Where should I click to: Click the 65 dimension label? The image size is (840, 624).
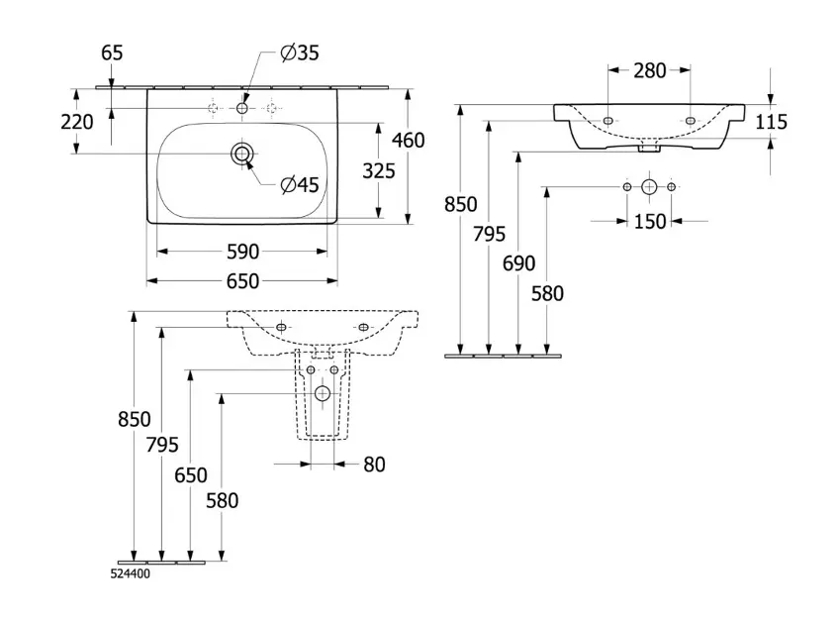tap(112, 53)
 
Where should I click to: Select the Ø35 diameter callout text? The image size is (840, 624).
tap(299, 53)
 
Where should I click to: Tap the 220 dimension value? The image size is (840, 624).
tap(76, 122)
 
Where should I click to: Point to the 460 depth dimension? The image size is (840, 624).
tap(408, 140)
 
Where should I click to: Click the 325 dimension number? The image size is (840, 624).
tap(378, 170)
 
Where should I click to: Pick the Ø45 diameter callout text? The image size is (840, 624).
tap(299, 184)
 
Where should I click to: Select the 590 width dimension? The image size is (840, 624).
tap(242, 251)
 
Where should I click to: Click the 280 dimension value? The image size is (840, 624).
tap(650, 69)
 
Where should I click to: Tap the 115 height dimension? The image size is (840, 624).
tap(770, 122)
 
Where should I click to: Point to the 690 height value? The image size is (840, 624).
tap(518, 263)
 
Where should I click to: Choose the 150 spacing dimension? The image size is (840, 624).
tap(649, 222)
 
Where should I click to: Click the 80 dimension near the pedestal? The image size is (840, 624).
tap(374, 464)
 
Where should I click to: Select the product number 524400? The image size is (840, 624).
tap(130, 572)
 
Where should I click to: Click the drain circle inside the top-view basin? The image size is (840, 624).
tap(242, 154)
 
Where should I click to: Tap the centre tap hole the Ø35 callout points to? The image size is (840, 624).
tap(242, 107)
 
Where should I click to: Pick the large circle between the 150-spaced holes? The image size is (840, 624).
tap(649, 186)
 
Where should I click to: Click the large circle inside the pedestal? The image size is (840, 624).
tap(322, 394)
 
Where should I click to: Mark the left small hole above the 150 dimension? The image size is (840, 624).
tap(626, 186)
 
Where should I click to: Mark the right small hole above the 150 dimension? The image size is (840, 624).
tap(672, 186)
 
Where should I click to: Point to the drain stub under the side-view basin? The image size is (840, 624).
tap(649, 150)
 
